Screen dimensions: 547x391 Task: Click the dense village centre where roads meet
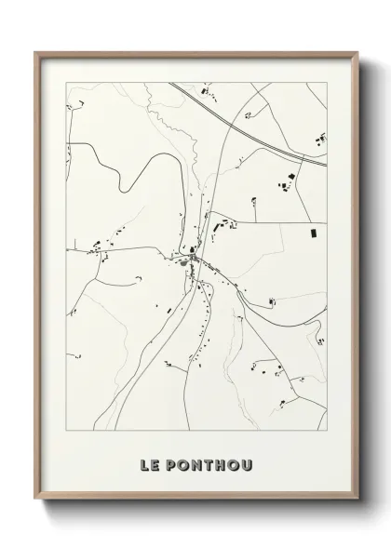click(x=192, y=260)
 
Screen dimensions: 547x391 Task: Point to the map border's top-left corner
click(x=65, y=82)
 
